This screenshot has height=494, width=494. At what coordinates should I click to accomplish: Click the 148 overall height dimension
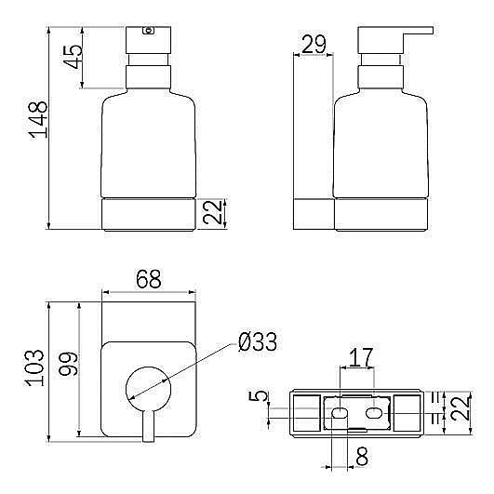pyautogui.click(x=38, y=120)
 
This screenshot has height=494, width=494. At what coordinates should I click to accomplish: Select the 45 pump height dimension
pyautogui.click(x=73, y=57)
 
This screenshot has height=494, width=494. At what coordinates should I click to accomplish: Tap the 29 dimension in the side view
pyautogui.click(x=314, y=44)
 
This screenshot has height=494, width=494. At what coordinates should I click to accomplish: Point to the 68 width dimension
pyautogui.click(x=149, y=279)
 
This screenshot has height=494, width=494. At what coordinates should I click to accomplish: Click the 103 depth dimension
pyautogui.click(x=34, y=368)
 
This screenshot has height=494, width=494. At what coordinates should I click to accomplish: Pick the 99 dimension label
pyautogui.click(x=68, y=364)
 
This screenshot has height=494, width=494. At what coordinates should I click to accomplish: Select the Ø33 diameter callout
pyautogui.click(x=258, y=341)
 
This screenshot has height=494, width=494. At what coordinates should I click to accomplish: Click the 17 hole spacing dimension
pyautogui.click(x=361, y=357)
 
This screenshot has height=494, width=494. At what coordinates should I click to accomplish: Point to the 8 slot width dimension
pyautogui.click(x=362, y=456)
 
